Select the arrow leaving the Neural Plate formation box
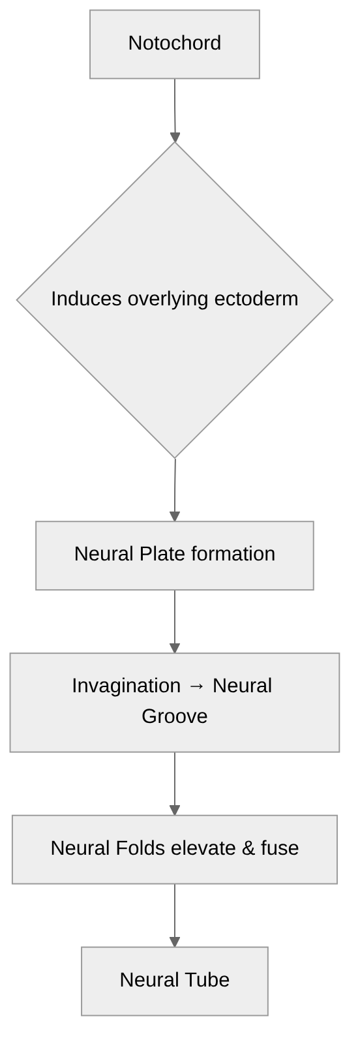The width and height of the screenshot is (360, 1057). click(x=175, y=621)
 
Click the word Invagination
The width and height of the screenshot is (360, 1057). click(x=126, y=686)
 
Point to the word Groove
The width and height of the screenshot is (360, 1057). click(x=175, y=716)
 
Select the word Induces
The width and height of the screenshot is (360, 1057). click(x=87, y=299)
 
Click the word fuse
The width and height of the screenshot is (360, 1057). click(x=280, y=848)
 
